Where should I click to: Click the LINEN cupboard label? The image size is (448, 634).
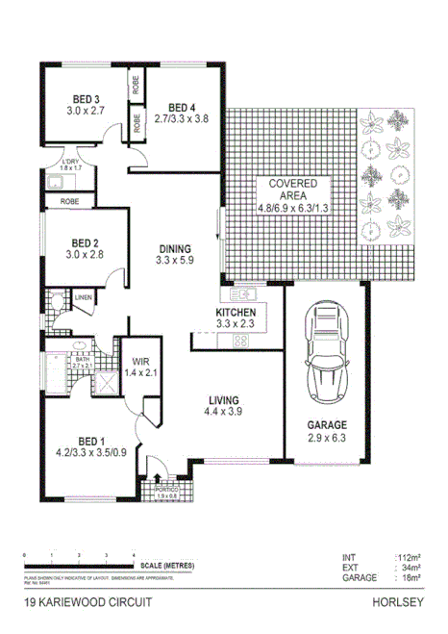click(x=84, y=298)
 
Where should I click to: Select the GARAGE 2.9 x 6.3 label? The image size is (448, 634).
click(x=327, y=430)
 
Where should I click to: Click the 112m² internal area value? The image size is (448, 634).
click(x=408, y=557)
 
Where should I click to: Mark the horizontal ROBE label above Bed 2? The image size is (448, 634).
click(x=69, y=202)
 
